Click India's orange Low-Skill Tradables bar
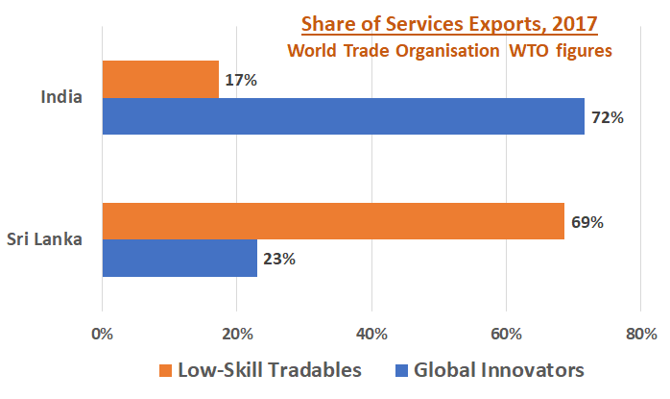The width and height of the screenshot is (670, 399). [x=160, y=80]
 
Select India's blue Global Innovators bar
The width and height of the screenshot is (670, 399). [x=343, y=116]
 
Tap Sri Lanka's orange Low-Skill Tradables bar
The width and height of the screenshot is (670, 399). [x=333, y=222]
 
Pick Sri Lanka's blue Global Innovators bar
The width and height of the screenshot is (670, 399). [x=179, y=259]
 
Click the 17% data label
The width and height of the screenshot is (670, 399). [x=241, y=81]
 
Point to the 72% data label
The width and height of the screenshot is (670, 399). [x=608, y=118]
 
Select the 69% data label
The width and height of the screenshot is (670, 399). [x=586, y=222]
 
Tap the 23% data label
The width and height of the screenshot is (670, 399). [x=279, y=259]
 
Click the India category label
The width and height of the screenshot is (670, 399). [x=60, y=97]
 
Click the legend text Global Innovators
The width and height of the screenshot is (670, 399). [x=498, y=370]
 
